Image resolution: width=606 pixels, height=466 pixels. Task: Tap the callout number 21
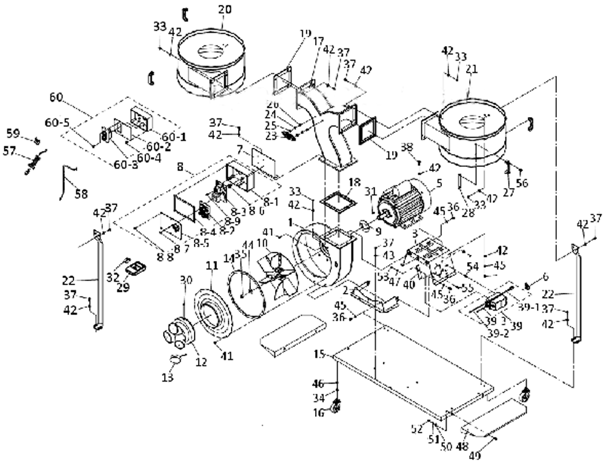point(472,70)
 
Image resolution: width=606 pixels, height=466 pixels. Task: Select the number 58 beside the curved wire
point(81,194)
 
